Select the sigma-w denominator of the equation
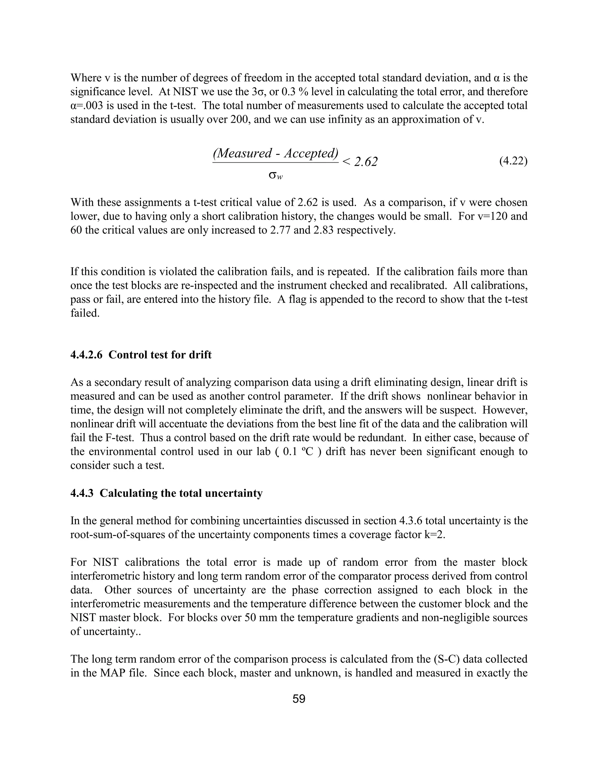pos(276,176)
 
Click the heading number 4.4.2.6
pos(86,355)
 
